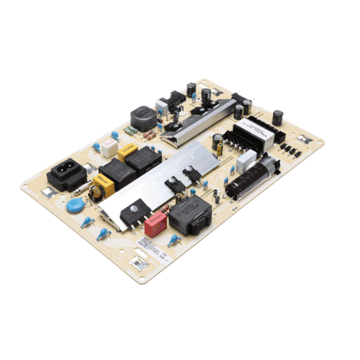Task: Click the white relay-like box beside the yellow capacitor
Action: coord(109,147)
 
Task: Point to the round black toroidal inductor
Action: coord(143,117)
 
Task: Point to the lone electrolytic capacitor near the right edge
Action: coord(277,117)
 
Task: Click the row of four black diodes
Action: coord(289,150)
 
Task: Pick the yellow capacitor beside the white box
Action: coord(128,152)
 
